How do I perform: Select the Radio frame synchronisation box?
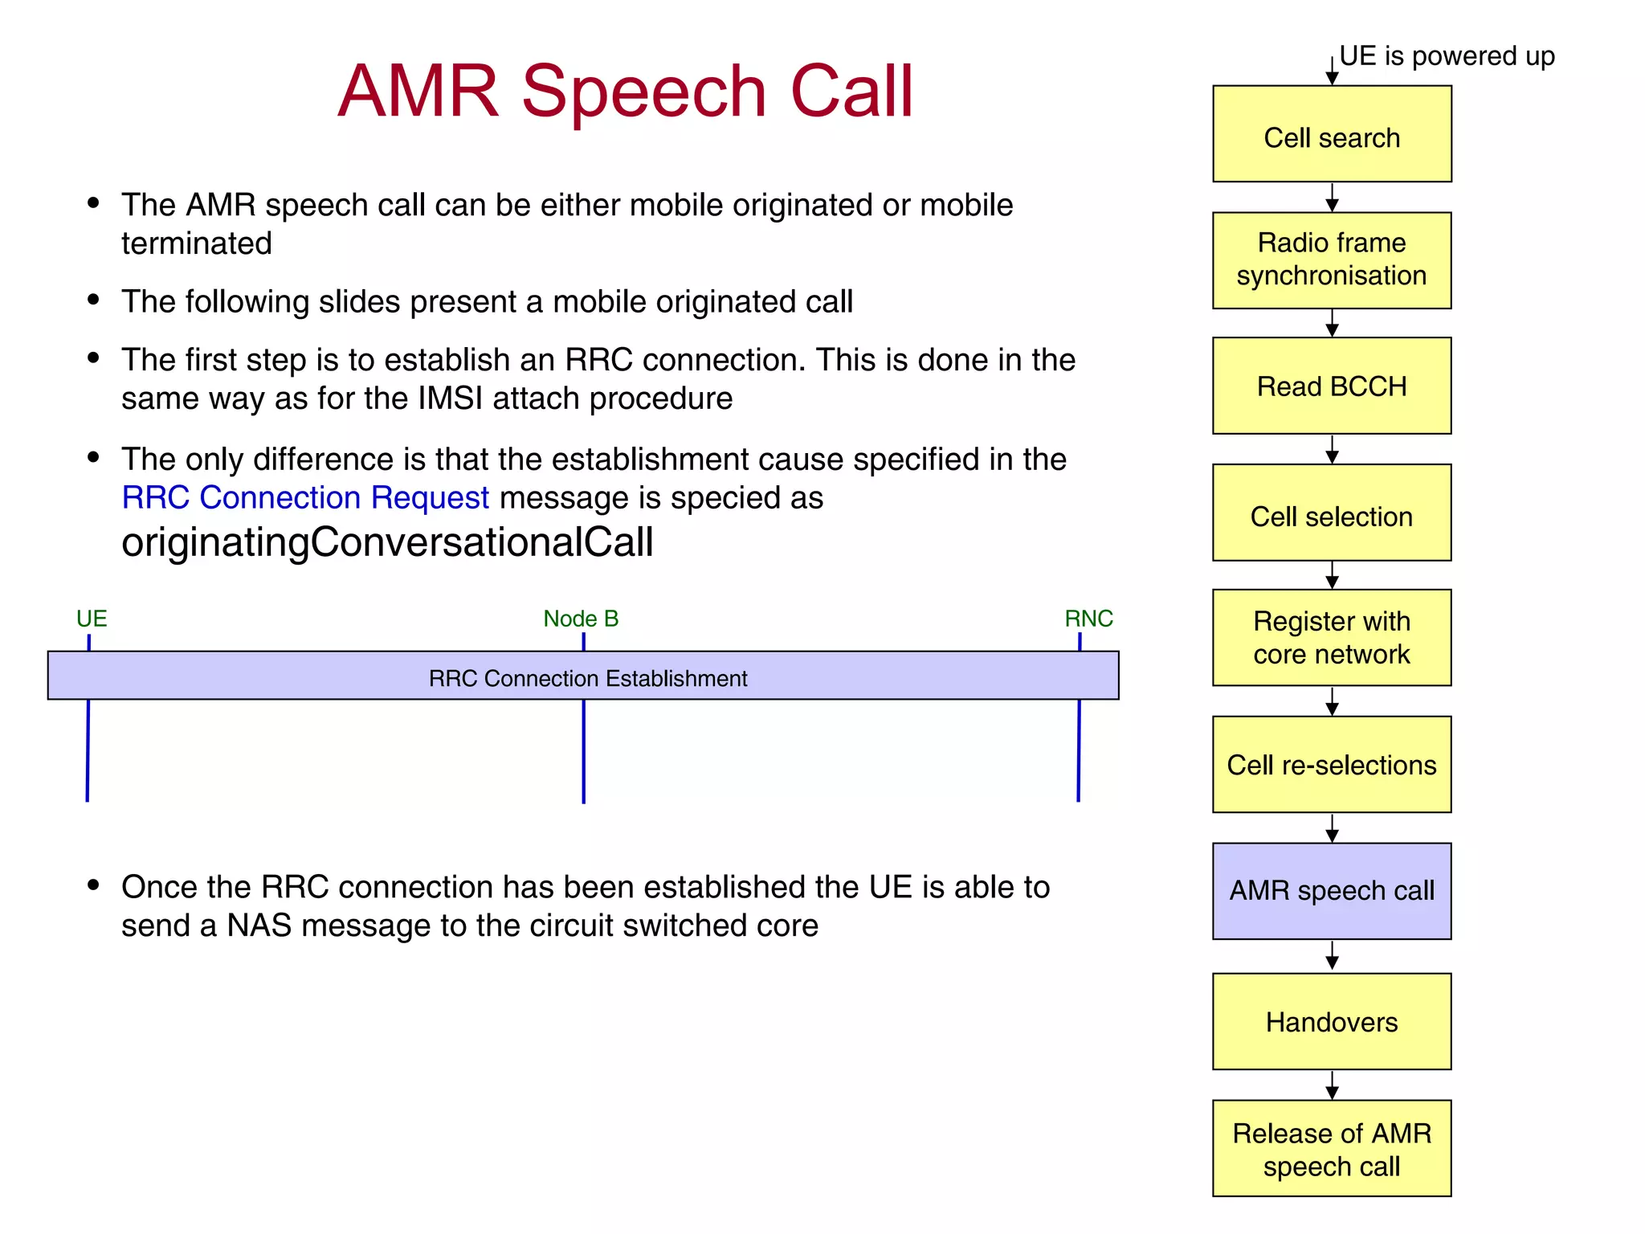click(1331, 259)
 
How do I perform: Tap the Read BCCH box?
click(1331, 386)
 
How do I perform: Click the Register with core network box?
click(1331, 638)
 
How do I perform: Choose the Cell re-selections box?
click(1331, 764)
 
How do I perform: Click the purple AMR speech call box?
click(1331, 891)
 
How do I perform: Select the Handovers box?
click(1331, 1022)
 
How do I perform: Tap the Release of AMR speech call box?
click(1331, 1149)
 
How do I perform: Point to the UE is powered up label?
click(1447, 56)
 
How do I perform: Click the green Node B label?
click(581, 619)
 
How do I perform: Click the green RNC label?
click(1088, 619)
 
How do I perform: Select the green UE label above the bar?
click(92, 619)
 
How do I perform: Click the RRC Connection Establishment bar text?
click(587, 679)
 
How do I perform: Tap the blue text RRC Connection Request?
click(305, 498)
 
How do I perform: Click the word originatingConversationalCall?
click(387, 542)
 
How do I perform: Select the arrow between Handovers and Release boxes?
click(1332, 1085)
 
